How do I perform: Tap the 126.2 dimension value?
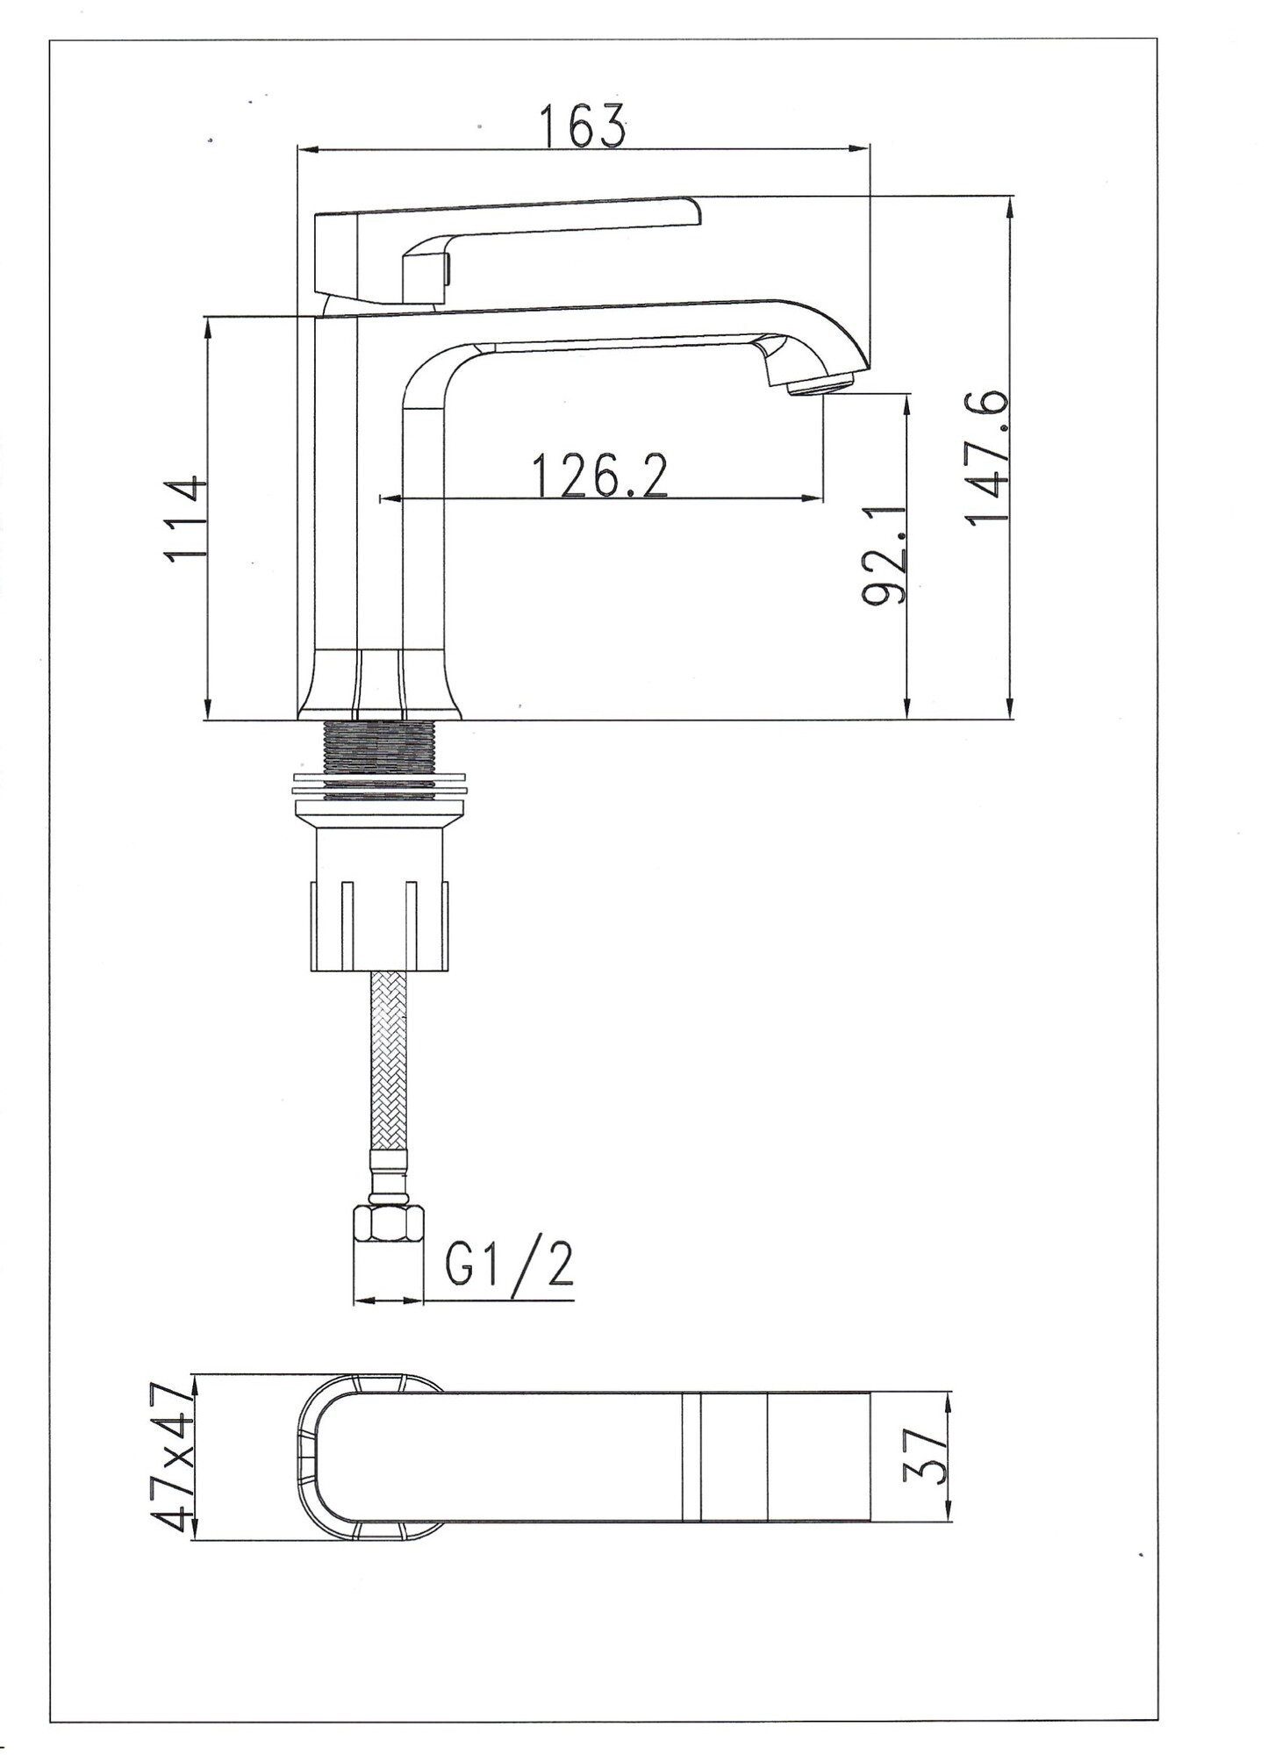pyautogui.click(x=600, y=475)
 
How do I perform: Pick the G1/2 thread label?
pyautogui.click(x=509, y=1264)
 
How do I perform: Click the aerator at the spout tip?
pyautogui.click(x=822, y=383)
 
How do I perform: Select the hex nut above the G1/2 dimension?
pyautogui.click(x=387, y=1223)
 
